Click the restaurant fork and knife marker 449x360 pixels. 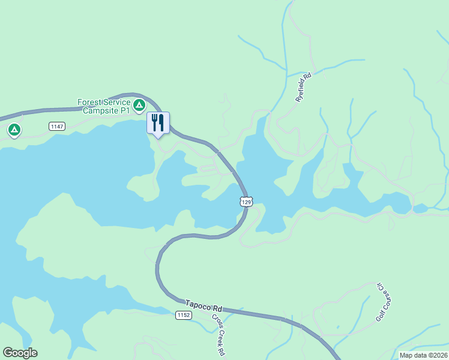[158, 123]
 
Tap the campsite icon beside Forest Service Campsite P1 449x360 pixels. [139, 106]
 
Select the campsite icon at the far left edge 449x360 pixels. [14, 129]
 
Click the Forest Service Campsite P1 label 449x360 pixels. [103, 106]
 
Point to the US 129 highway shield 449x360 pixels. [246, 202]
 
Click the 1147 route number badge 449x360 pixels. [57, 126]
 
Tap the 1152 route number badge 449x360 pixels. [184, 315]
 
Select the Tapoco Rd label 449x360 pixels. [203, 306]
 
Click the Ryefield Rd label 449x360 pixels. [304, 87]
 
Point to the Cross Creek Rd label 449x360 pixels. [217, 334]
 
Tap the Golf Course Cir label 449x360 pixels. [380, 301]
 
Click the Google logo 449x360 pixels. [20, 353]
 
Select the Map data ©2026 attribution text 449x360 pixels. [424, 355]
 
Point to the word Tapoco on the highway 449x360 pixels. [198, 305]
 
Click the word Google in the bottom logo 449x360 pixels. [20, 353]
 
